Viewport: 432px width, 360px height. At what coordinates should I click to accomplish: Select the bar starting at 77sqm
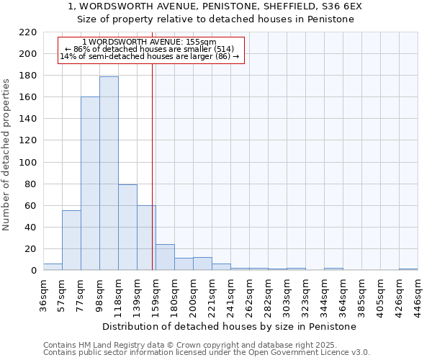pyautogui.click(x=90, y=184)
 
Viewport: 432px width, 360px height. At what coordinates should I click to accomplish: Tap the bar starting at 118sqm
pyautogui.click(x=127, y=227)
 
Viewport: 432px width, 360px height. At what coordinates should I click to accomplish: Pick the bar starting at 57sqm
pyautogui.click(x=71, y=240)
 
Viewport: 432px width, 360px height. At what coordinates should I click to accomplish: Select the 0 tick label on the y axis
pyautogui.click(x=33, y=271)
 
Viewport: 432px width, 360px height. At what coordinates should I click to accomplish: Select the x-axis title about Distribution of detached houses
pyautogui.click(x=229, y=327)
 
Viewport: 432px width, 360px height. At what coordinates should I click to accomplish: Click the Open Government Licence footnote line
pyautogui.click(x=207, y=353)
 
